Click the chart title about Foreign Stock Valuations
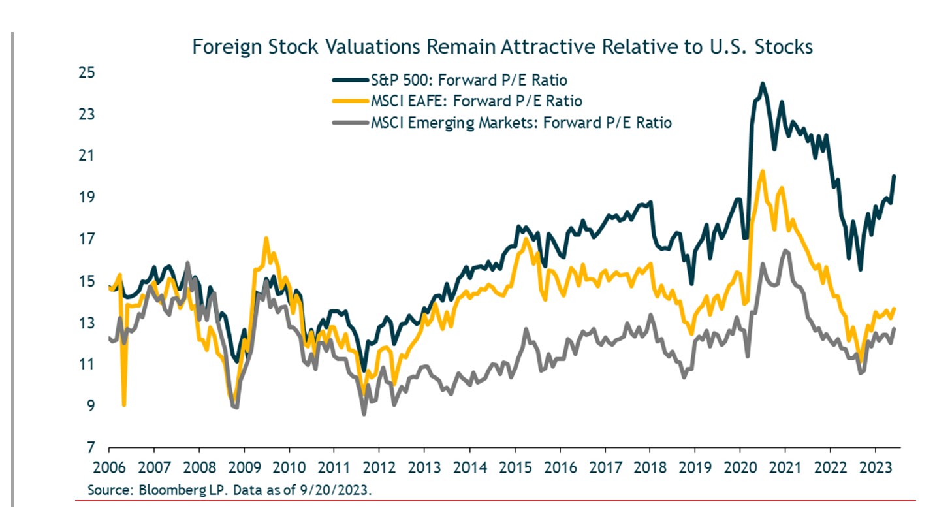point(502,48)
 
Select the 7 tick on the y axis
point(84,449)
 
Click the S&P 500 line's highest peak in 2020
point(762,84)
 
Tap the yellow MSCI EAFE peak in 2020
point(762,172)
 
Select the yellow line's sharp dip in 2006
point(124,405)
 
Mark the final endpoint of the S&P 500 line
point(894,176)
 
